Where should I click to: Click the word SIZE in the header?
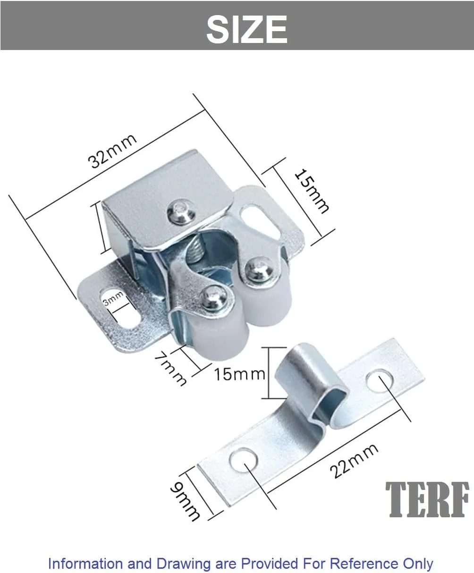pos(246,29)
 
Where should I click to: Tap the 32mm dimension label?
pos(113,151)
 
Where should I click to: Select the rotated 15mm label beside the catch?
pos(311,191)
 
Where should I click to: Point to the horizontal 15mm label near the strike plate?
pos(239,374)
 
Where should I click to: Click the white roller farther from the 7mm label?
pos(269,302)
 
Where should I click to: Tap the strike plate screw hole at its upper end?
pos(381,380)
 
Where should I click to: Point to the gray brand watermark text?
pos(427,500)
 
